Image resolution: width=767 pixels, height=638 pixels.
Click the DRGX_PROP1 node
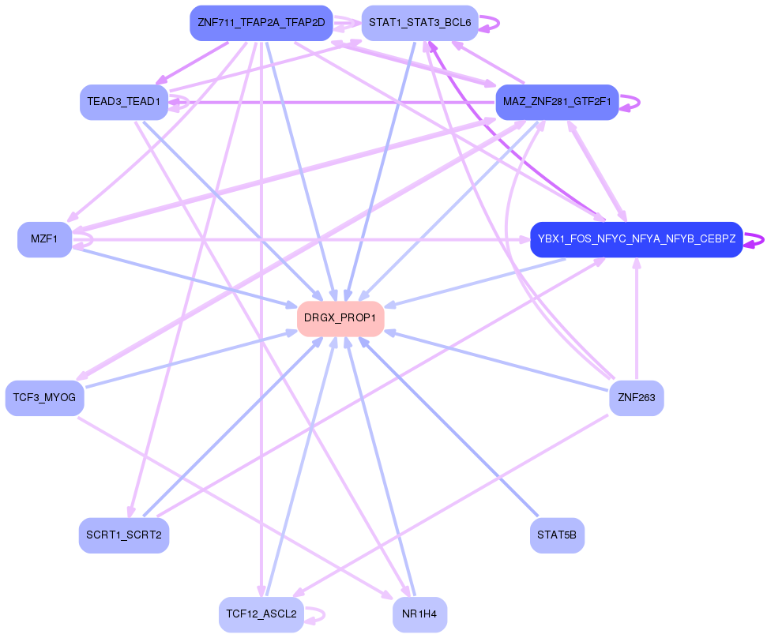click(x=340, y=318)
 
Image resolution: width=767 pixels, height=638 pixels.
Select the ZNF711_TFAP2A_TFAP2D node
click(x=261, y=23)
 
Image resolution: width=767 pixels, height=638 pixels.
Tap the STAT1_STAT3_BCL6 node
click(x=419, y=23)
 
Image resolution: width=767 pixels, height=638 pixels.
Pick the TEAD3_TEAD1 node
click(x=124, y=102)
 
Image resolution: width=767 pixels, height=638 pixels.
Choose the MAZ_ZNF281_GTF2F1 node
click(x=557, y=102)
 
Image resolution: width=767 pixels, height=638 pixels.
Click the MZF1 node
click(x=44, y=239)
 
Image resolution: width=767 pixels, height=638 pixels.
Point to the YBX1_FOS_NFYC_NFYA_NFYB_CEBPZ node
click(x=636, y=239)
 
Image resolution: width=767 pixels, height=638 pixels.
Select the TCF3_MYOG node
click(x=44, y=398)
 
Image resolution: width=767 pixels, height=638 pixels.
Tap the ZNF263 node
click(x=636, y=398)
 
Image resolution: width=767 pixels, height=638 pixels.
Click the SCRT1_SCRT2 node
click(x=124, y=535)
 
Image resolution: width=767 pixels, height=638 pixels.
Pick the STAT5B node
click(x=557, y=535)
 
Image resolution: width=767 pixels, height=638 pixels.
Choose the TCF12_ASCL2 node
click(x=261, y=614)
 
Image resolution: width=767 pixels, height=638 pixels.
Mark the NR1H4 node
click(x=419, y=614)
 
